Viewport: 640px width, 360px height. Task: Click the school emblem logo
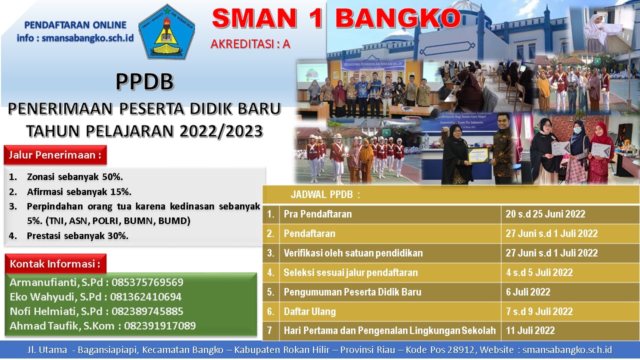click(x=167, y=31)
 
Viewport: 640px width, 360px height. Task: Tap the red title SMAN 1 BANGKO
click(x=336, y=18)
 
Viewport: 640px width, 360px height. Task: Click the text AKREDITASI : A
click(x=250, y=44)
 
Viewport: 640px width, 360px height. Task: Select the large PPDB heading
click(x=144, y=81)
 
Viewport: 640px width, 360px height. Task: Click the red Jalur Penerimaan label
click(x=55, y=155)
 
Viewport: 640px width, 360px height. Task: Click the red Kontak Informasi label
click(x=55, y=263)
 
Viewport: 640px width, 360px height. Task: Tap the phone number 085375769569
click(x=147, y=282)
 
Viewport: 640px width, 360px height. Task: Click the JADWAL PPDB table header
click(x=325, y=194)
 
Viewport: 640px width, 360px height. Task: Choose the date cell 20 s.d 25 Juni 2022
click(x=545, y=214)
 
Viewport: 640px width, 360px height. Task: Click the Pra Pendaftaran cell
click(x=317, y=214)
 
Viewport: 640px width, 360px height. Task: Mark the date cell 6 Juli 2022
click(x=528, y=292)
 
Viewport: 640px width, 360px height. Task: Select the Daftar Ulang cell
click(x=309, y=311)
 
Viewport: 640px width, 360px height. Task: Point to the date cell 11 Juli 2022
click(x=530, y=330)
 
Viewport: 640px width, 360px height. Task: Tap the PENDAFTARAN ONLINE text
click(x=75, y=25)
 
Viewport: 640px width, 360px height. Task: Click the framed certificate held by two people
click(x=478, y=155)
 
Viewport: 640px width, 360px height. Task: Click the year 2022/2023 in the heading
click(x=221, y=131)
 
